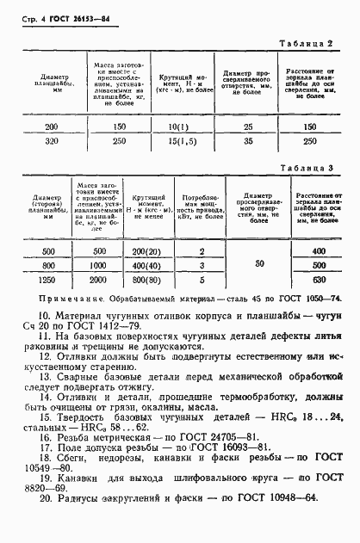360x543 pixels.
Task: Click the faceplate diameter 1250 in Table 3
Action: tap(48, 279)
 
